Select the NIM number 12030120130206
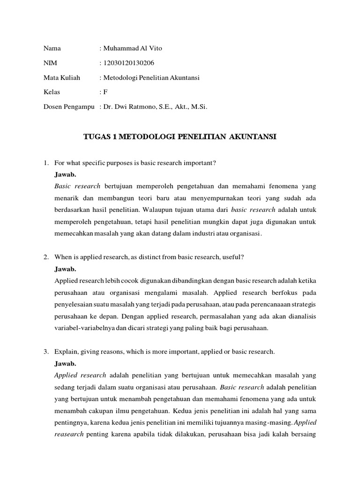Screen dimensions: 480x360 point(128,63)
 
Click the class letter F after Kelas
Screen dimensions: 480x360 point(105,92)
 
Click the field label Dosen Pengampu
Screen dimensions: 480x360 point(69,107)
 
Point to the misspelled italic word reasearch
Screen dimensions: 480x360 point(69,434)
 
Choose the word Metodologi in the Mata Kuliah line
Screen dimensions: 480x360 point(120,78)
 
